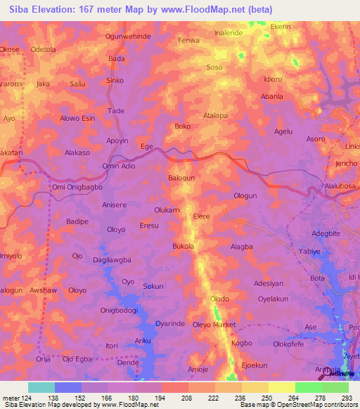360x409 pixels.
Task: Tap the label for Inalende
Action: [229, 32]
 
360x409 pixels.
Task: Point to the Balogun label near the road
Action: [181, 178]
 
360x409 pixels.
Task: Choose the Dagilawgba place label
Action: [112, 260]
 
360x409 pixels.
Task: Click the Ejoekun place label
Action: [255, 365]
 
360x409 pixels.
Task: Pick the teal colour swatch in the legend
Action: [41, 387]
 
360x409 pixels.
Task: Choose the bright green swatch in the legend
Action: [308, 387]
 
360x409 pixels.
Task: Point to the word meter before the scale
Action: [11, 397]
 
